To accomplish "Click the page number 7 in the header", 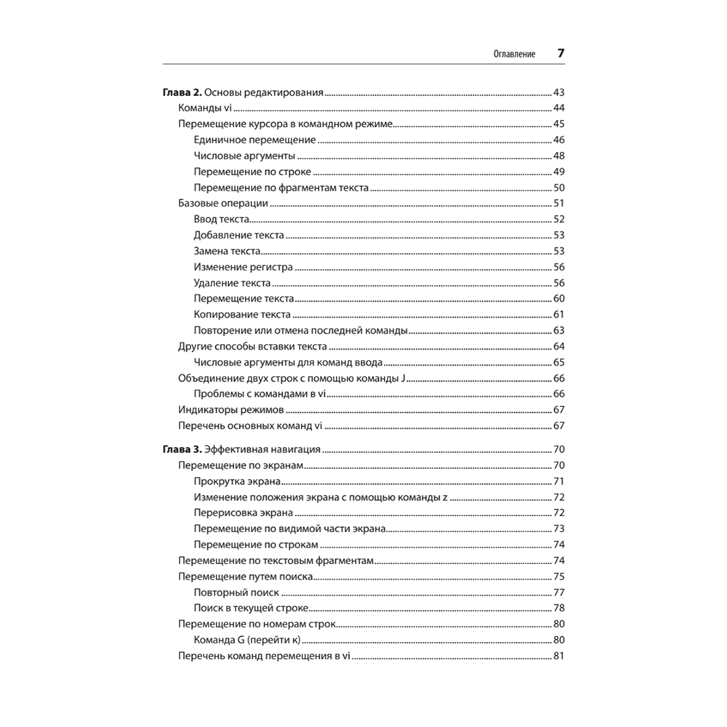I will coord(561,54).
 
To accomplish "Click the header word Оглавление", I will coord(515,55).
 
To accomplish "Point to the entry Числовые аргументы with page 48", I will coord(244,156).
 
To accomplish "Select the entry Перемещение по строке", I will coord(252,172).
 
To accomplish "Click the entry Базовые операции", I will coord(223,204).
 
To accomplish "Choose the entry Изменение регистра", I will coord(244,268).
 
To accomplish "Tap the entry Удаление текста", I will coord(233,283).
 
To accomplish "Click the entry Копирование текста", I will coord(242,315).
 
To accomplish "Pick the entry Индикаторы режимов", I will coord(227,410).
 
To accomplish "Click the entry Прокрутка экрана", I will coord(238,481).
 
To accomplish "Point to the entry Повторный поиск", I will coord(233,593).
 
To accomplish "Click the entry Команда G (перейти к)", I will coord(247,640).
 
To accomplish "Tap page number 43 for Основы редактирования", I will coord(559,93).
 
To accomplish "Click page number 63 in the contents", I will coord(559,331).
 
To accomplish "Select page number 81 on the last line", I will coord(559,656).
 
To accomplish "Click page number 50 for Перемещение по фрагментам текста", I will coord(559,188).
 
